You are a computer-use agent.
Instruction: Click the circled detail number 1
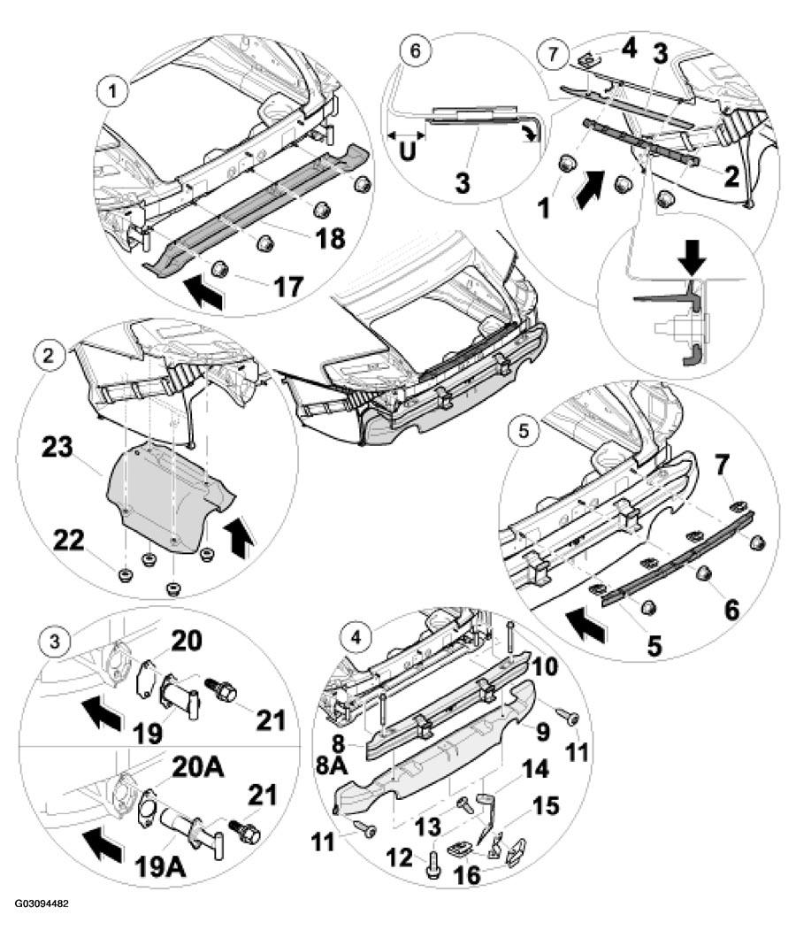(x=111, y=92)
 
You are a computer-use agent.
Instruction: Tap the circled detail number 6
(x=415, y=50)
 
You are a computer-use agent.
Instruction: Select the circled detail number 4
(x=356, y=638)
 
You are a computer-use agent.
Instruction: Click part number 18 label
(x=329, y=237)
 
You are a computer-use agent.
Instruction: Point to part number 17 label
(x=288, y=287)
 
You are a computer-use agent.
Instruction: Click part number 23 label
(x=57, y=448)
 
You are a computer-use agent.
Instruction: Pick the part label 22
(x=69, y=542)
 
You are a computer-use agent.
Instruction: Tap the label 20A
(x=198, y=767)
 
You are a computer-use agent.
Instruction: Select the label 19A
(x=160, y=866)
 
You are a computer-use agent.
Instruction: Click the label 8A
(x=328, y=766)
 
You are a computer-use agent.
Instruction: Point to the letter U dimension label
(x=407, y=152)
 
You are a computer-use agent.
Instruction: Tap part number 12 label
(x=399, y=857)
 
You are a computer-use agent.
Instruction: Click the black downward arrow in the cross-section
(x=693, y=259)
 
